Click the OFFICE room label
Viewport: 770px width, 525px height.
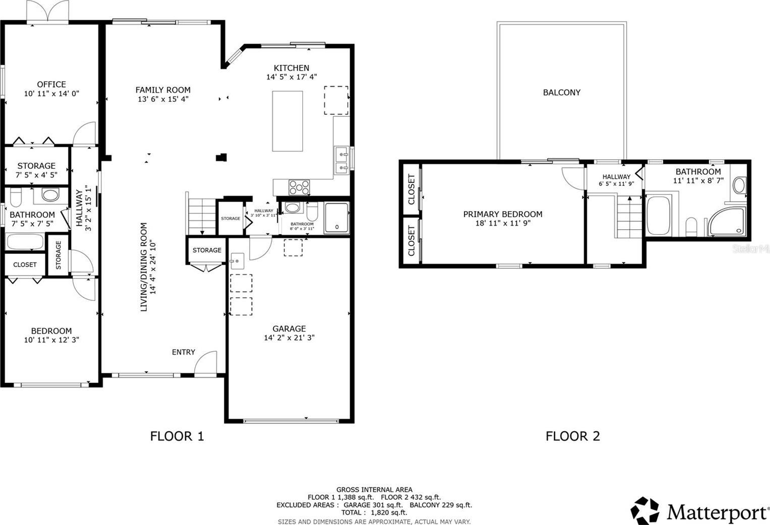51,85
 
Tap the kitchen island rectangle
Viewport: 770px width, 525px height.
287,121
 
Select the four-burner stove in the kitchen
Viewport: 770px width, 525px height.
299,187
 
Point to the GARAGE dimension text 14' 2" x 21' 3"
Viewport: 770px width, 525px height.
289,338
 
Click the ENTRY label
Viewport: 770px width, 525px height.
184,352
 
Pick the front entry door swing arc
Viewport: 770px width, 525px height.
203,357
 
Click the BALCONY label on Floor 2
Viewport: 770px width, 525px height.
562,92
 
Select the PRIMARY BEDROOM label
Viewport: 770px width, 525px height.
503,214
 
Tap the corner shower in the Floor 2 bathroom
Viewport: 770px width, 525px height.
727,221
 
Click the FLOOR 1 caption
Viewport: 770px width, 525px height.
177,436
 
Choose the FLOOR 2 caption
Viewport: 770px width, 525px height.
573,436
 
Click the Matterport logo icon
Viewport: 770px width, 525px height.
645,510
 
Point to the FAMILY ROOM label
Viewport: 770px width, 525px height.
163,90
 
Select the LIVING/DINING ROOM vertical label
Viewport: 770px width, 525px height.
144,267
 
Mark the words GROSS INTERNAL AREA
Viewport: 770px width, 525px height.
374,490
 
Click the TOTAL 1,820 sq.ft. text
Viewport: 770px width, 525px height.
374,512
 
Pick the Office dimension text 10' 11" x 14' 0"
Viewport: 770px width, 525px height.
51,93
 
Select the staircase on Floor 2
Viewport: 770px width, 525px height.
629,217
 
